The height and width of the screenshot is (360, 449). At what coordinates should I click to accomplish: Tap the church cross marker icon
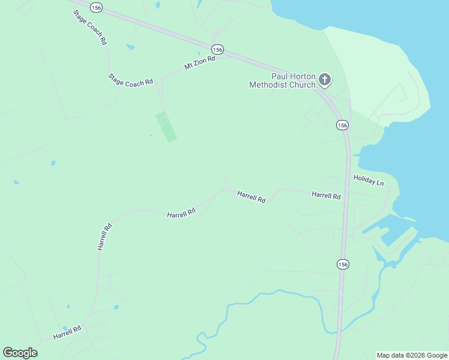coord(325,79)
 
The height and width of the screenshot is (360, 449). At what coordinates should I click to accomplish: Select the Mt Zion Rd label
coord(199,64)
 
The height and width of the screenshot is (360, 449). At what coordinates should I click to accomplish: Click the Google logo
coord(20,352)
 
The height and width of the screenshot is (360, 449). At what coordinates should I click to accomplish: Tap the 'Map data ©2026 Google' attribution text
coord(412,355)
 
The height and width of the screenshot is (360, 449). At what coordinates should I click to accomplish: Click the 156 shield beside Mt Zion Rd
coord(217,49)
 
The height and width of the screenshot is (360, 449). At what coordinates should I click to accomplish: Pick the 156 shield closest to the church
coord(342,125)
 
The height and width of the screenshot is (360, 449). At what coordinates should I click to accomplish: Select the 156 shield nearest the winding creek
coord(342,264)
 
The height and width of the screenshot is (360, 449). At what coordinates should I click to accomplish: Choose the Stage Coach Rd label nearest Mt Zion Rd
coord(130,80)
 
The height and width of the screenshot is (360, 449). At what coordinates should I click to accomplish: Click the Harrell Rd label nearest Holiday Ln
coord(326,195)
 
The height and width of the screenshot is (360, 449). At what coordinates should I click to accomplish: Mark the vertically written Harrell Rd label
coord(104,236)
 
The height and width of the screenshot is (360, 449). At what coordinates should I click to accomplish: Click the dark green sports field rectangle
coord(166,127)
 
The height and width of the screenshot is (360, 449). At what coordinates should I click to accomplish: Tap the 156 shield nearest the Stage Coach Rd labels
coord(96,7)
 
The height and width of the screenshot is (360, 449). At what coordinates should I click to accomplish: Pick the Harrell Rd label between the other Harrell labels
coord(251,196)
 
